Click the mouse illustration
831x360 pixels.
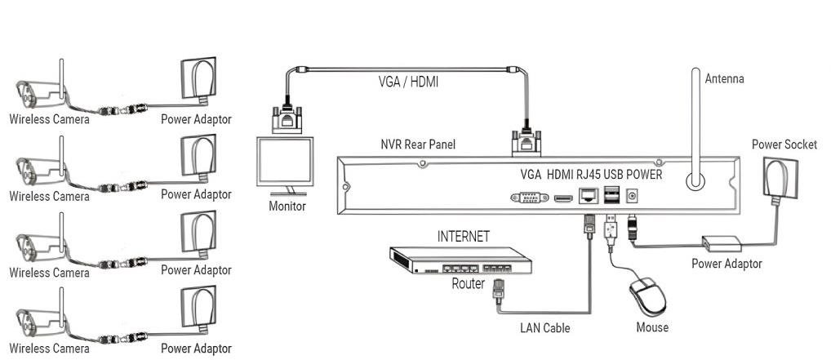click(647, 297)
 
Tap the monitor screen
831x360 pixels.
click(285, 161)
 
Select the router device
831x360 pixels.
click(460, 260)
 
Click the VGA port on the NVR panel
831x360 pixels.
click(530, 198)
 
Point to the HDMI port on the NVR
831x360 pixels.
click(563, 198)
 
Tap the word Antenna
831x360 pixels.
click(725, 79)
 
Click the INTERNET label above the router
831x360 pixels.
click(463, 237)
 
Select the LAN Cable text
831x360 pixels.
click(544, 328)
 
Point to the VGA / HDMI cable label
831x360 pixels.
click(408, 82)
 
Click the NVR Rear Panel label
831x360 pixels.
click(418, 144)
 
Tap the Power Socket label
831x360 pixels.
click(784, 144)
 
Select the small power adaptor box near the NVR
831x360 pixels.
click(722, 244)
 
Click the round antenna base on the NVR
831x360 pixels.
click(695, 180)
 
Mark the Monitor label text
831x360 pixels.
click(287, 206)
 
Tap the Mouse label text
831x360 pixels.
click(652, 327)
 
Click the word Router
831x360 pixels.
click(468, 283)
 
